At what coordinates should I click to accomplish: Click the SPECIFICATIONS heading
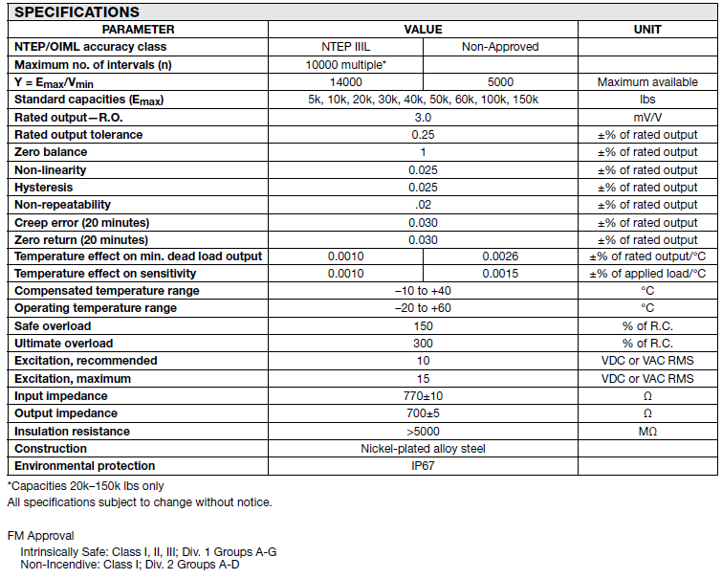(x=77, y=12)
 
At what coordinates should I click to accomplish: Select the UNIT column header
(x=647, y=30)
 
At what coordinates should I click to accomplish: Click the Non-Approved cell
(x=500, y=47)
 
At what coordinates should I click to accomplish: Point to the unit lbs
(x=647, y=100)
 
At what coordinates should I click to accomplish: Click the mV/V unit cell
(x=647, y=117)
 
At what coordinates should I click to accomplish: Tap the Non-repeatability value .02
(x=423, y=205)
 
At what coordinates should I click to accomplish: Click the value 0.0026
(x=500, y=256)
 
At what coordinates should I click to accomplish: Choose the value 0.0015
(x=500, y=274)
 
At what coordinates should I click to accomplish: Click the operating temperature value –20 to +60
(x=423, y=308)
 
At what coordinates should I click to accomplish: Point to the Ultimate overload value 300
(x=423, y=344)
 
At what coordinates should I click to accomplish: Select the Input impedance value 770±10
(x=423, y=396)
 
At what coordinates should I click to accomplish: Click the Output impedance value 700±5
(x=423, y=413)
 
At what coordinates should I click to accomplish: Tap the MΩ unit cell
(x=647, y=432)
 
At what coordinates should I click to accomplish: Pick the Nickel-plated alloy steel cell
(x=423, y=449)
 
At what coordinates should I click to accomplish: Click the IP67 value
(x=423, y=466)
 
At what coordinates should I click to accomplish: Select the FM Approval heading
(x=40, y=536)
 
